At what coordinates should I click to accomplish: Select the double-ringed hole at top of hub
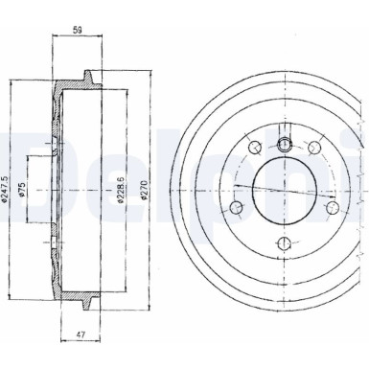(x=285, y=145)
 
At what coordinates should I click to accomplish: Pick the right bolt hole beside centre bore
(x=331, y=205)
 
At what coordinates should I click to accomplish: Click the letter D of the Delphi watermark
(x=19, y=163)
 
